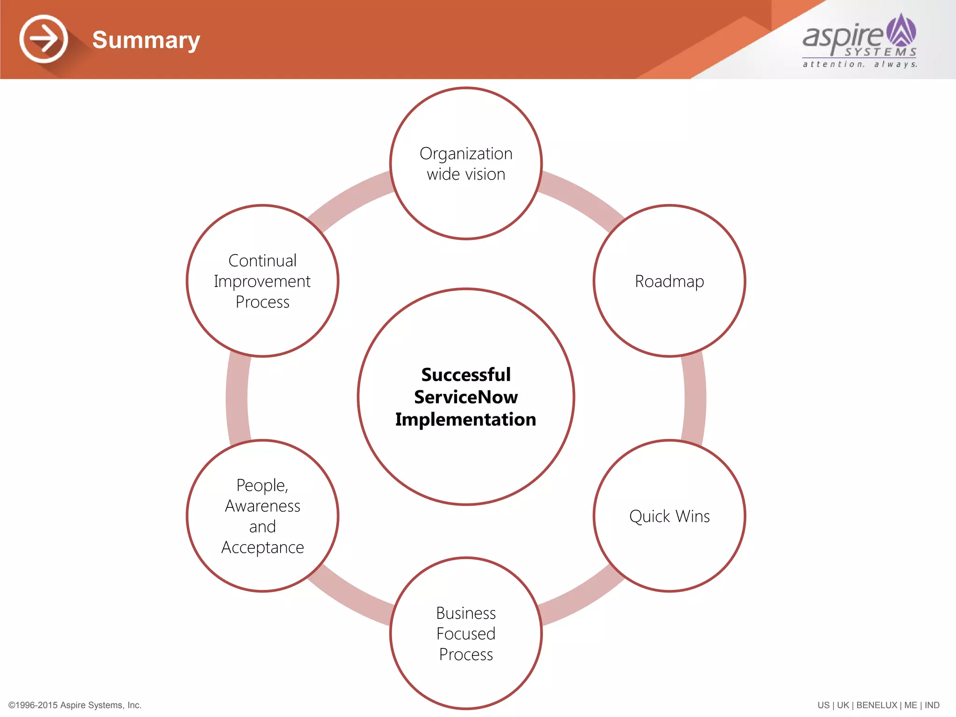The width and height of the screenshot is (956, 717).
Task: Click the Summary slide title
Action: [146, 40]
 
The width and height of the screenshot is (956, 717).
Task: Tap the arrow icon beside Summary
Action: [44, 39]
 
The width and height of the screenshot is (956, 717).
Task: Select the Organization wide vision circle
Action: [466, 163]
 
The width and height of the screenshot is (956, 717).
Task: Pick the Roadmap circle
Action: [669, 281]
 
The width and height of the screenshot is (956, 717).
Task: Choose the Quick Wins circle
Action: [669, 516]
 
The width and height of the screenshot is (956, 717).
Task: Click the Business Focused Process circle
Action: [466, 633]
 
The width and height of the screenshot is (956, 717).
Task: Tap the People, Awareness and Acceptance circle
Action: [263, 516]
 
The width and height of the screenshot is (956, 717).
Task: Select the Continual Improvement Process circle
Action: [263, 281]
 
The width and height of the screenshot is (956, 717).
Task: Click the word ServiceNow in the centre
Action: [466, 397]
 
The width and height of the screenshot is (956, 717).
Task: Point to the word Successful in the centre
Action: [466, 375]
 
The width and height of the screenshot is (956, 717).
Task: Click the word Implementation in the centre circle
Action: [466, 420]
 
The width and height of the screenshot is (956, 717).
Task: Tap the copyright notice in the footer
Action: [75, 705]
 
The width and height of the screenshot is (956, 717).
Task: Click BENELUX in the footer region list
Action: [876, 705]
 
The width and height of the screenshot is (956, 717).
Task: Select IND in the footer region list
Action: [932, 705]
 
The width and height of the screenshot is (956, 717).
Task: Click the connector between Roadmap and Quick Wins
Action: [695, 398]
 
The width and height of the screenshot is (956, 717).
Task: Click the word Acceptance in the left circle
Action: [263, 548]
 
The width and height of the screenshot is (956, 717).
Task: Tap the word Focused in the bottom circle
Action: [466, 634]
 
